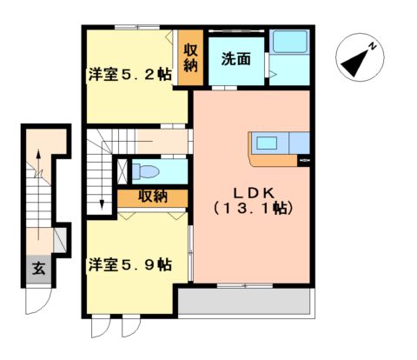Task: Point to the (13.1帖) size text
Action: click(252, 210)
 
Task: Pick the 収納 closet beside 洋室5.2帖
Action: click(191, 58)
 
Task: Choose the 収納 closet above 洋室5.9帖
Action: click(153, 197)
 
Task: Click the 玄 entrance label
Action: click(39, 268)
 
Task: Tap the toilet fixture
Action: click(147, 170)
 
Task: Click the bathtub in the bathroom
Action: click(289, 43)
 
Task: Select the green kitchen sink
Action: click(265, 142)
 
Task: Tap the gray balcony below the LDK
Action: click(245, 302)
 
